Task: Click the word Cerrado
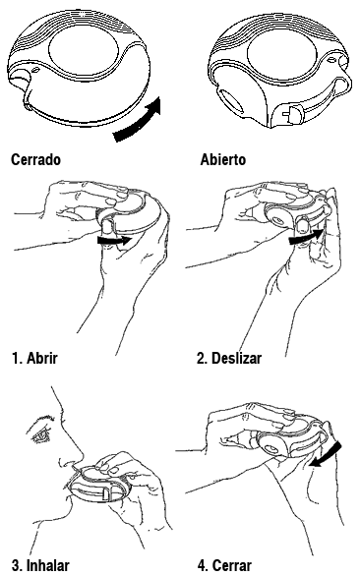35,160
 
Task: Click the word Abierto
223,160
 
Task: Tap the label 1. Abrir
34,358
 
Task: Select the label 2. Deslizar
229,358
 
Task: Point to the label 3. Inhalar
40,565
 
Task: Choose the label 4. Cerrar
224,565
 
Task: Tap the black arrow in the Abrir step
114,241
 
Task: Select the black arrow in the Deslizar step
306,237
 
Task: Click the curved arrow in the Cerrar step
327,455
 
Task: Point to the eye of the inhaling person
41,435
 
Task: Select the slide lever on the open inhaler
293,114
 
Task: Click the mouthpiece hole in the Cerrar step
272,449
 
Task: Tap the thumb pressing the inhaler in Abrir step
108,227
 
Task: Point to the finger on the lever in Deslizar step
302,224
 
